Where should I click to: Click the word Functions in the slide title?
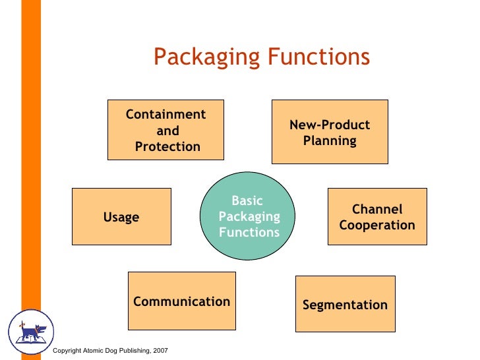point(318,58)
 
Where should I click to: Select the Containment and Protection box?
point(165,130)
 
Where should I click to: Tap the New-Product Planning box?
point(330,132)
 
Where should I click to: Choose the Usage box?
point(121,217)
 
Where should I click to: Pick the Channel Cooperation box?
point(377,217)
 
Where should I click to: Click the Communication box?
point(181,301)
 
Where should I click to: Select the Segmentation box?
point(345,304)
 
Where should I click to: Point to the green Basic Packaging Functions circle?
point(248,217)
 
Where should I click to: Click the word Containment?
point(166,115)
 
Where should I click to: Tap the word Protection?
point(167,146)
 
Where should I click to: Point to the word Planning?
point(330,140)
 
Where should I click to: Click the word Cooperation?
point(377,225)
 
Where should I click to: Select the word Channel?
point(377,210)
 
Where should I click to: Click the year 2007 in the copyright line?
point(160,350)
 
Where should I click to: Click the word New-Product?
point(330,125)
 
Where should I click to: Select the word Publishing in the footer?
point(131,350)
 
